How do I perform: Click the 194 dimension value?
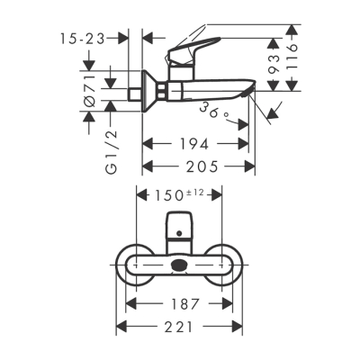(x=193, y=143)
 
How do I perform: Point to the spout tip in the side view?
(x=254, y=90)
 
